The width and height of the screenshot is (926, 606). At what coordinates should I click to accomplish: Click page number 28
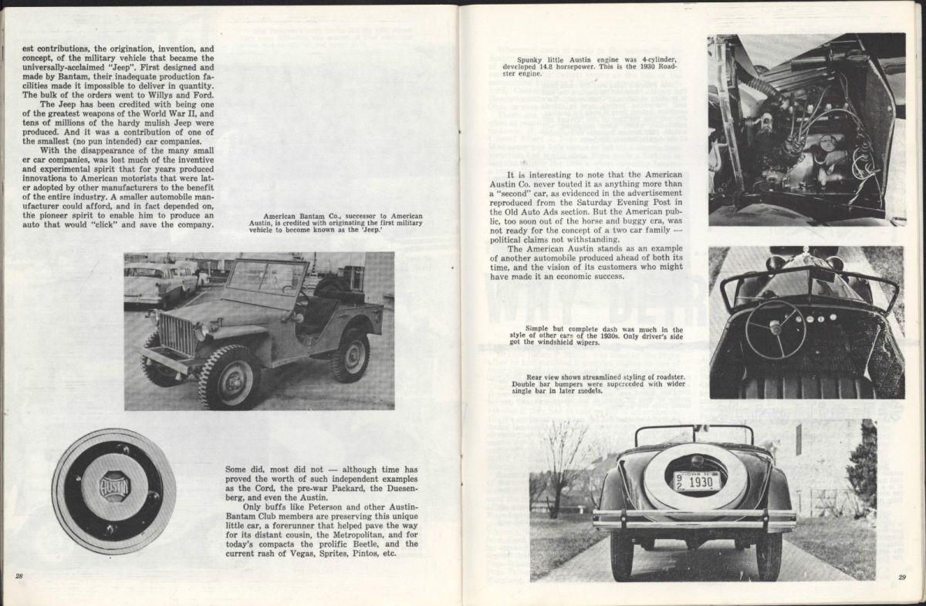(x=19, y=576)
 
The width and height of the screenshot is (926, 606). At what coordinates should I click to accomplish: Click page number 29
(x=901, y=577)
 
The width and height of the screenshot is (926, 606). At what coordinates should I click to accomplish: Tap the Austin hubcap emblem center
(x=114, y=487)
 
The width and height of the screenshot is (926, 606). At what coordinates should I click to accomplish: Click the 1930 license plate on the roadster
(x=697, y=481)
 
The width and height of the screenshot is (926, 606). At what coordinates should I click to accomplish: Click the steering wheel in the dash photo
(x=775, y=329)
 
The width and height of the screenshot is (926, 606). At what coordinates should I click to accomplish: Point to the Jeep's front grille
(x=176, y=334)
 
